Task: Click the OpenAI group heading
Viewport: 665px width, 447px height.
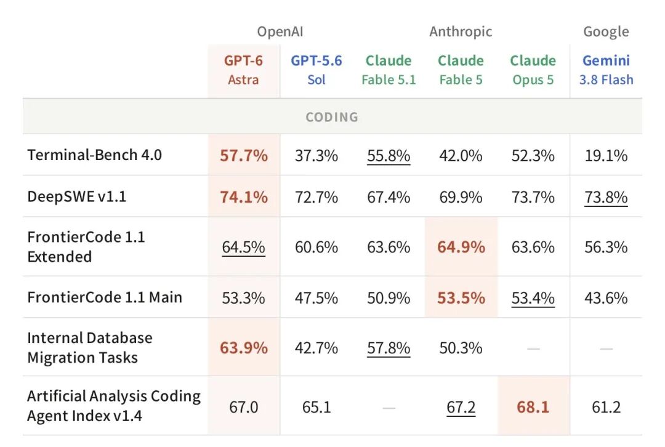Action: (x=280, y=32)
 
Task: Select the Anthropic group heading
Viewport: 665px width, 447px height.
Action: (x=461, y=32)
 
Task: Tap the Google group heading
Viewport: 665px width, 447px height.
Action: (x=606, y=32)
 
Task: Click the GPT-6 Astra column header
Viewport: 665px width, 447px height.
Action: (x=243, y=70)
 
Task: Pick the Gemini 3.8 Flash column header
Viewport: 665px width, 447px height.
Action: (x=606, y=70)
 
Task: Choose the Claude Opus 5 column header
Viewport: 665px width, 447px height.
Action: (x=533, y=70)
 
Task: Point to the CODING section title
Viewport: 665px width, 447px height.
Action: (x=332, y=117)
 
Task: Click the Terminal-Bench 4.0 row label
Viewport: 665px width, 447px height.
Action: (x=95, y=155)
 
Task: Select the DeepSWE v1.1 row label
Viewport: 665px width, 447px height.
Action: (x=77, y=197)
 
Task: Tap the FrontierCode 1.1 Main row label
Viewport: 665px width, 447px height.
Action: (x=105, y=297)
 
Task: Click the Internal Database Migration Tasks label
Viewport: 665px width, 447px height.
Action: (x=90, y=348)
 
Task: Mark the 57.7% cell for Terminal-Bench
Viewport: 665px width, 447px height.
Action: (x=244, y=156)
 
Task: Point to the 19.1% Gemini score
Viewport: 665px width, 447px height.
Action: (x=606, y=156)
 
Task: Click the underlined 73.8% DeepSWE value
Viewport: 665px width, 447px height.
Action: (x=606, y=197)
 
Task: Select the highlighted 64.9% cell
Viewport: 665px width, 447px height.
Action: (x=461, y=247)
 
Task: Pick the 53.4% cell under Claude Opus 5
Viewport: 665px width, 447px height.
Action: (x=533, y=298)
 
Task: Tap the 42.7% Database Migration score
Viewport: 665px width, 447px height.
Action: (x=316, y=348)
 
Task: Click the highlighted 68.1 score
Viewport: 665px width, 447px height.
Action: (x=533, y=407)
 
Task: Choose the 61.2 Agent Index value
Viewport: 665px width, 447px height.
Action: (x=606, y=407)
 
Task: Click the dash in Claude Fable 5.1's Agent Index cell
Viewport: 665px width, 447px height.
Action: (x=389, y=408)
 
